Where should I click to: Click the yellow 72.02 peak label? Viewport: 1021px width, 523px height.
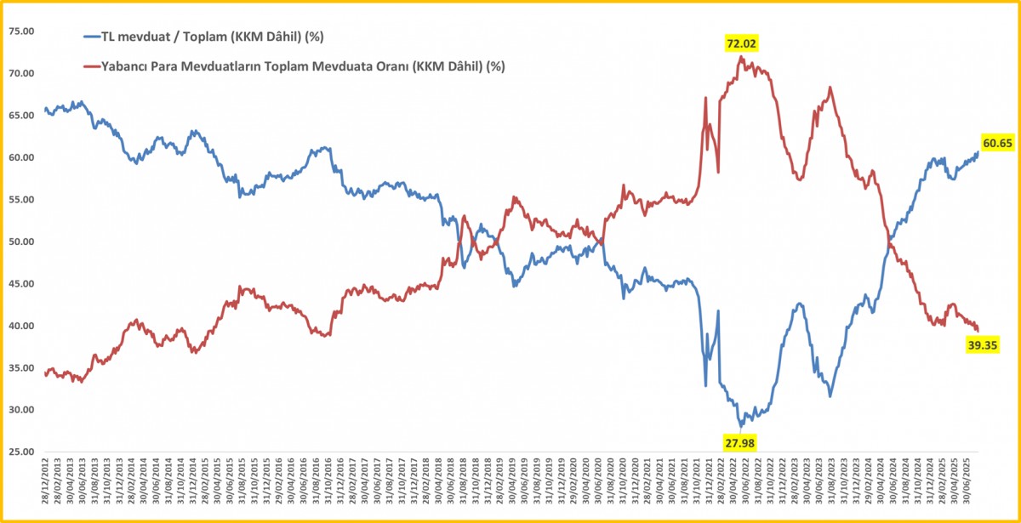pyautogui.click(x=741, y=43)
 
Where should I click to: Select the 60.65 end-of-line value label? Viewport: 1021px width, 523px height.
pyautogui.click(x=997, y=143)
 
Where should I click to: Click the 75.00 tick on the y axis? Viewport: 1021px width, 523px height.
pyautogui.click(x=20, y=31)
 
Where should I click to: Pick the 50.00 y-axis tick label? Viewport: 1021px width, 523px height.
pyautogui.click(x=20, y=242)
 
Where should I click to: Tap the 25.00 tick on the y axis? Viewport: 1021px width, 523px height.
pyautogui.click(x=20, y=452)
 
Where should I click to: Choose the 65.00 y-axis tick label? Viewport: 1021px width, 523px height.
pyautogui.click(x=20, y=116)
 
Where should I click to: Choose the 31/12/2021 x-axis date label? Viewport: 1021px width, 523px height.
pyautogui.click(x=709, y=487)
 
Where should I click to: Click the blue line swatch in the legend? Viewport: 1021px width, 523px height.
pyautogui.click(x=92, y=37)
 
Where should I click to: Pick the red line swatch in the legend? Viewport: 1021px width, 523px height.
pyautogui.click(x=92, y=65)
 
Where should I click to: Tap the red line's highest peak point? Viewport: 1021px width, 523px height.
pyautogui.click(x=741, y=57)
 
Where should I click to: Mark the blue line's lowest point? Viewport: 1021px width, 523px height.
pyautogui.click(x=741, y=425)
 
